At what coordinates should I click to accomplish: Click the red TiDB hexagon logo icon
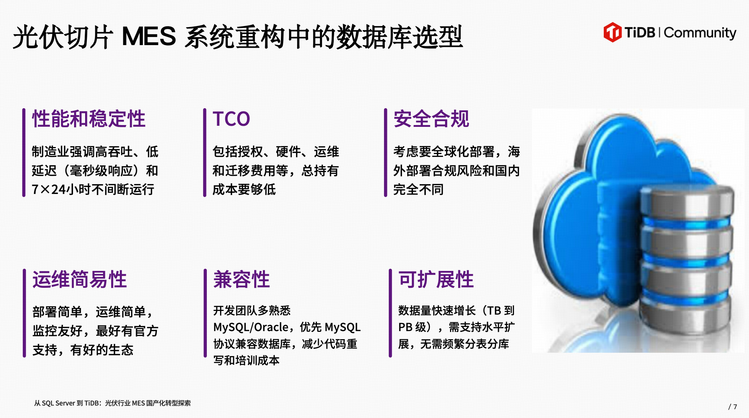click(x=613, y=32)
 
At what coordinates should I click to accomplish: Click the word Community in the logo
click(x=700, y=33)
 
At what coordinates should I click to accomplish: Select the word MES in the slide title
click(x=149, y=36)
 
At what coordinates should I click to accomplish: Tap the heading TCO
click(x=231, y=119)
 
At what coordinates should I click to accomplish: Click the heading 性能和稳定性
click(x=89, y=119)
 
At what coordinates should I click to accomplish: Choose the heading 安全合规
click(x=431, y=119)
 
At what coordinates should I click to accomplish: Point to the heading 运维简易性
click(x=80, y=279)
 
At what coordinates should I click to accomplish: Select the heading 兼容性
click(x=242, y=279)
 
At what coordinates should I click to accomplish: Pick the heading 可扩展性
click(x=436, y=279)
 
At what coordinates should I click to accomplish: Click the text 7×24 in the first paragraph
click(x=50, y=190)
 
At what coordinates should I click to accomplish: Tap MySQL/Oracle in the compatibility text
click(x=251, y=327)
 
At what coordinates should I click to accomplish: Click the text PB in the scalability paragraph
click(x=405, y=327)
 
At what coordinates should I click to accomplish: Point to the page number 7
click(x=735, y=407)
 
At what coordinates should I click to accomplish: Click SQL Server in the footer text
click(x=58, y=403)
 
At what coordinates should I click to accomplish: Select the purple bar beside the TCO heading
click(x=205, y=153)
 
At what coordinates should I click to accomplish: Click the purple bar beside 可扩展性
click(x=390, y=313)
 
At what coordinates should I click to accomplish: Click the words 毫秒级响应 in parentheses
click(x=101, y=170)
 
